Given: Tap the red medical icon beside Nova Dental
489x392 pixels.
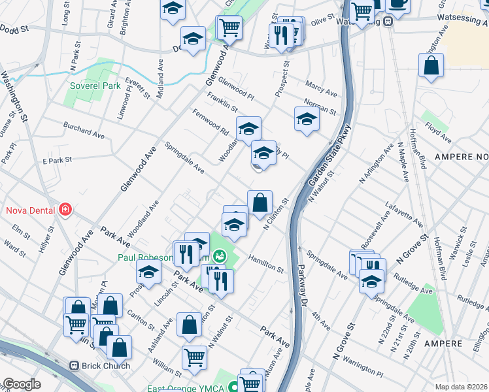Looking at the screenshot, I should (x=65, y=210).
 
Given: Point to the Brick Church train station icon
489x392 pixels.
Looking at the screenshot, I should (x=75, y=366).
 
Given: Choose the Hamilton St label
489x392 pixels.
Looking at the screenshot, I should (x=265, y=265).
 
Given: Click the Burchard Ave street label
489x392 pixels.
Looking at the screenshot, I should (x=83, y=129).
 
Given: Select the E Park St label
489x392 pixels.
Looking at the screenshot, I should (x=56, y=160).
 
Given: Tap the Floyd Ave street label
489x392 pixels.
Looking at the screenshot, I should (x=436, y=131).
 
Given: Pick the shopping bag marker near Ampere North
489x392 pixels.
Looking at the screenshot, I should (x=431, y=66).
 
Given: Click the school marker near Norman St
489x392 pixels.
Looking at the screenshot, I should (x=306, y=120).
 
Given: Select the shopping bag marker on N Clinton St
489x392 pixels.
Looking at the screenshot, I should (x=260, y=202).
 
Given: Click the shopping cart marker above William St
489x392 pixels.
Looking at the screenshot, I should (x=194, y=357).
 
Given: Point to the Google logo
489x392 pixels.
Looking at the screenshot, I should (x=22, y=384).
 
